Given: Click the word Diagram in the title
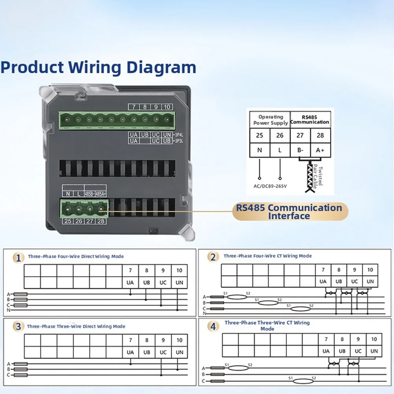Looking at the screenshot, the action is pos(161,68).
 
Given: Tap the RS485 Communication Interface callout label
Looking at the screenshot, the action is pos(289,212).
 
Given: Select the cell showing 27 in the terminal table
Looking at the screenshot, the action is pos(300,135).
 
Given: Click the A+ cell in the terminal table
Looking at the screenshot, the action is pos(320,150).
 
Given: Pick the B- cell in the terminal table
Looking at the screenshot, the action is pos(300,150).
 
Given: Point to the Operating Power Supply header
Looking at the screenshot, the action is pos(270,120).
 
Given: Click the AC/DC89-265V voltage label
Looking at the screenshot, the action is pos(270,186).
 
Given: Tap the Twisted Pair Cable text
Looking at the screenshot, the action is pos(318,176).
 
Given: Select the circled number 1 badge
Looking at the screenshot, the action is pos(18,258).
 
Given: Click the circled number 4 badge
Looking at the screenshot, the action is pos(213,326).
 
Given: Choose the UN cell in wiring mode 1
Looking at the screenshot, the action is pos(179,283).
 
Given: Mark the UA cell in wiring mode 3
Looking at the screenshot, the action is pos(130,352).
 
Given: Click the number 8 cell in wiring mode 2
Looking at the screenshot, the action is pos(339,270).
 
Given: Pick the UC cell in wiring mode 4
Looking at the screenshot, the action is pos(358,351).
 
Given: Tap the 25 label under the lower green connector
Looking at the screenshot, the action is pos(68,221).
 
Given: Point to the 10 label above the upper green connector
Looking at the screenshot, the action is pos(167,107).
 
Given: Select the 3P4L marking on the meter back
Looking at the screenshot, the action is pos(179,135).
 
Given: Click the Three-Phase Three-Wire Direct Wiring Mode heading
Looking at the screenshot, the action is pos(76,326).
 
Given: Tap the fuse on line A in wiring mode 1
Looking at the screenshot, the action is pos(20,294).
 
